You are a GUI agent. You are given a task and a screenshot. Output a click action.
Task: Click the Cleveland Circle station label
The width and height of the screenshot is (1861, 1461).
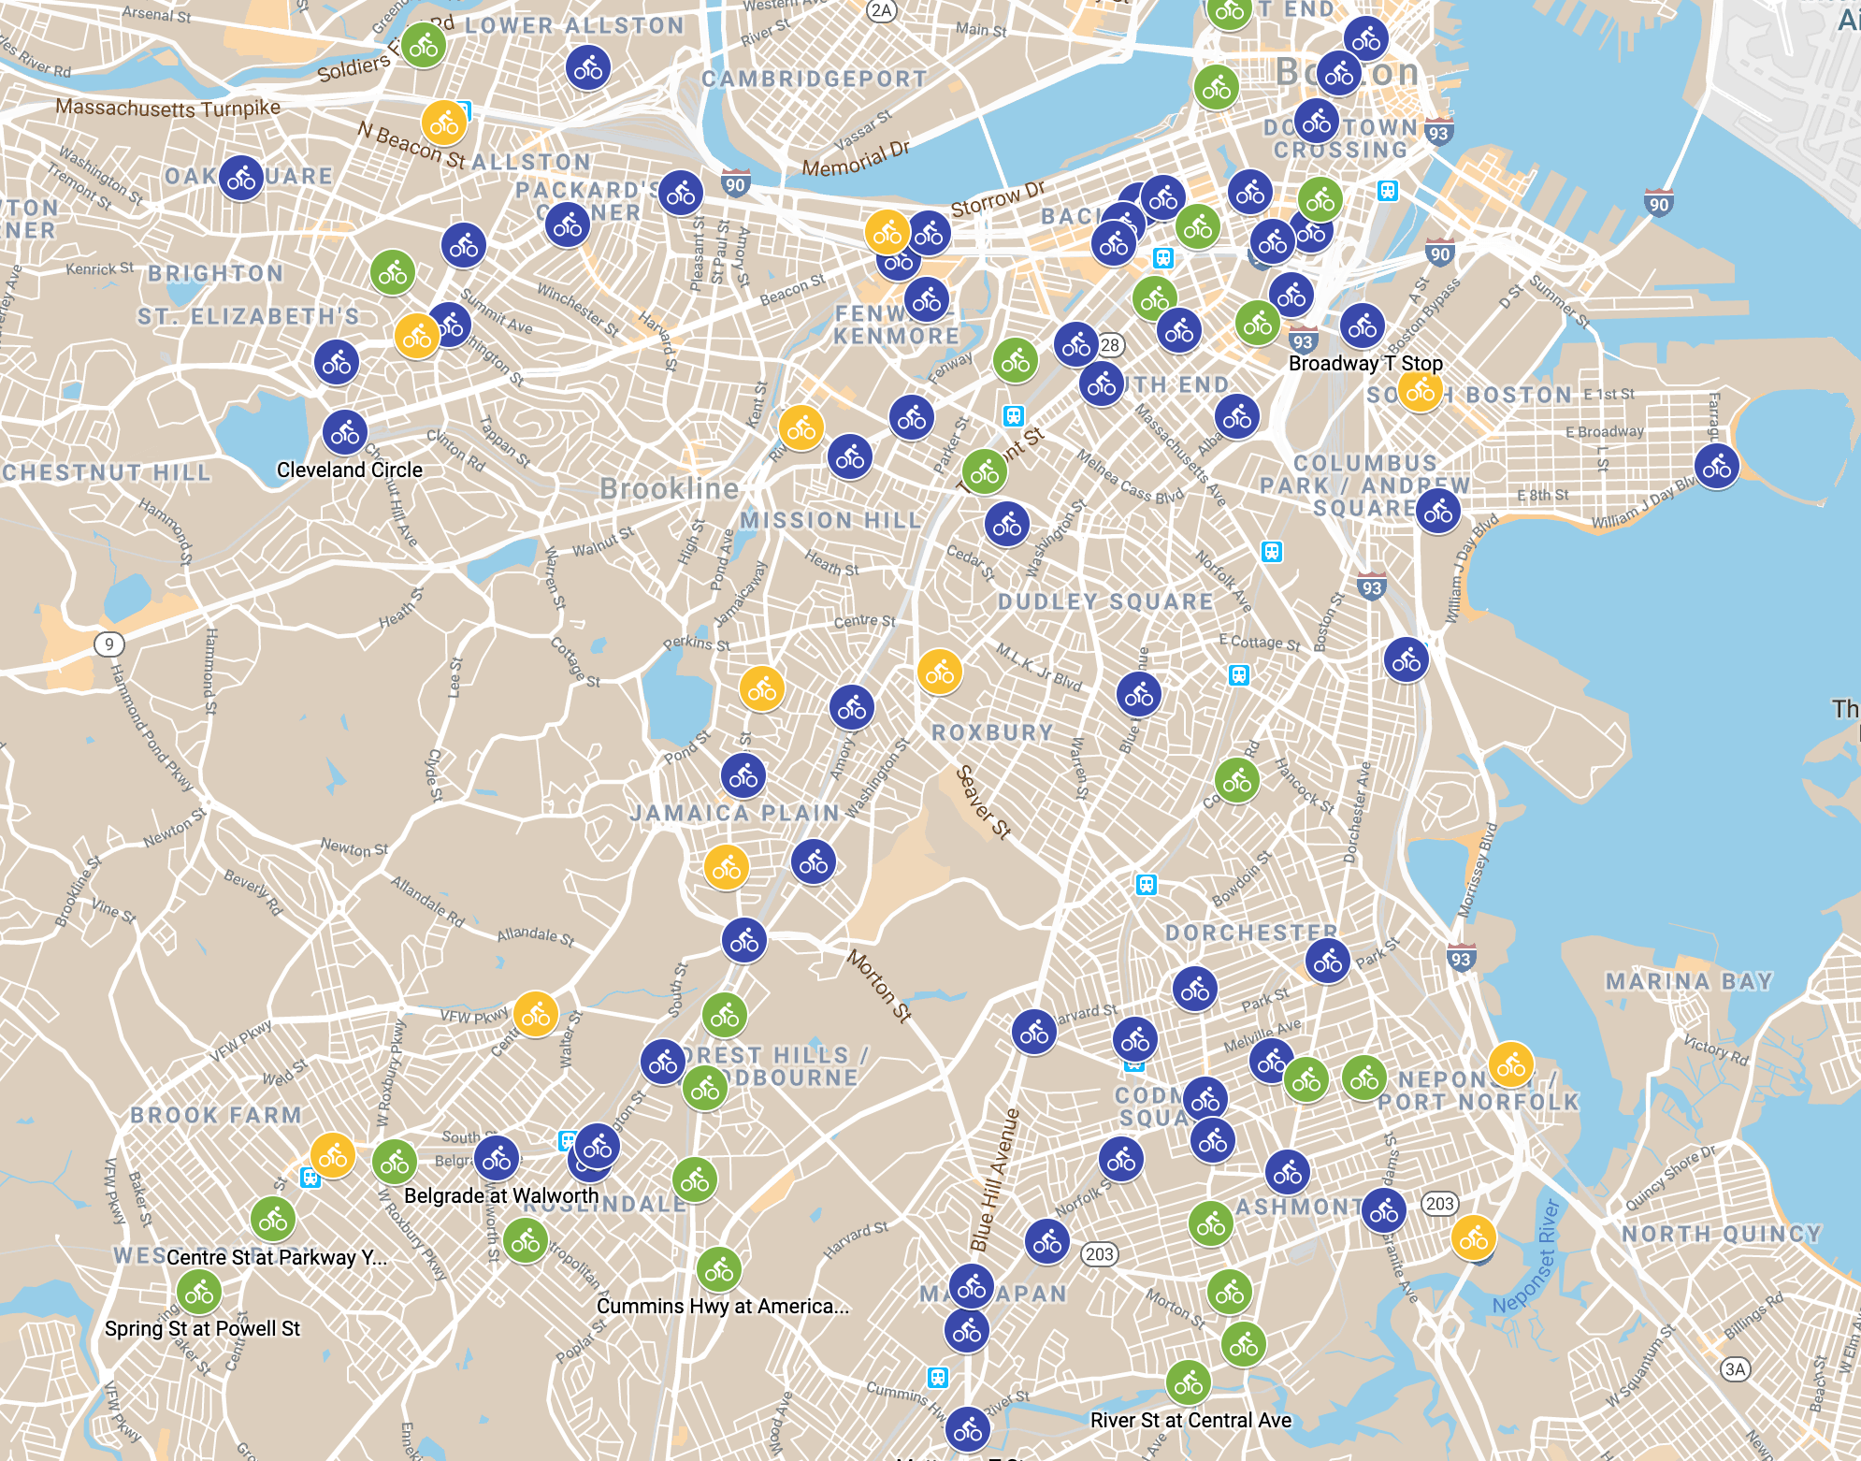(349, 470)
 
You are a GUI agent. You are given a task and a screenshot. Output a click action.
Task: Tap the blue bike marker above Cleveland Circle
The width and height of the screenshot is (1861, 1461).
(345, 432)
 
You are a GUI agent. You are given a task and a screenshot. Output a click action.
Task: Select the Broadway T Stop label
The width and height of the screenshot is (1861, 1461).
(1365, 363)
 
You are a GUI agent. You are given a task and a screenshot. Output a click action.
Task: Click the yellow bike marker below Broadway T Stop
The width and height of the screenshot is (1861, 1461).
(1420, 392)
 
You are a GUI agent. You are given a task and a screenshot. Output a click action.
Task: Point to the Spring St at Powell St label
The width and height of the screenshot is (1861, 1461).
(202, 1328)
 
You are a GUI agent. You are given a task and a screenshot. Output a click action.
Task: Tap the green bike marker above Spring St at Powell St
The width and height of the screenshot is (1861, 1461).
(199, 1294)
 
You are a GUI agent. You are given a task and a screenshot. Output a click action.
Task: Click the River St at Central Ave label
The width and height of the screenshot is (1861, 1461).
(1190, 1420)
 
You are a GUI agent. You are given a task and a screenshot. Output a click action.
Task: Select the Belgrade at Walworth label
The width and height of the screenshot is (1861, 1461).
(501, 1195)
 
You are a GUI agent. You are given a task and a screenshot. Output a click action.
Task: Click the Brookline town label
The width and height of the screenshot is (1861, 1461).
(669, 488)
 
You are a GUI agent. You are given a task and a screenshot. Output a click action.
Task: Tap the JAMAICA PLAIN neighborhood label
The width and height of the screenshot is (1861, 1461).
(734, 813)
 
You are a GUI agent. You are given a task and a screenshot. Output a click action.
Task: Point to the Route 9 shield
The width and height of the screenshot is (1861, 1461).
(109, 644)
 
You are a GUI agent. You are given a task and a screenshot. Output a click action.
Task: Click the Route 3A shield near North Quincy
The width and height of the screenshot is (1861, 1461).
(1735, 1369)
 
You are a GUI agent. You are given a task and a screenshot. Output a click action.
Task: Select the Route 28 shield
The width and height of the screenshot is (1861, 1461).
(1110, 345)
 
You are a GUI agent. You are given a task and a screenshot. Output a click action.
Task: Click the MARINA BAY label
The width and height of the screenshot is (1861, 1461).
(1689, 981)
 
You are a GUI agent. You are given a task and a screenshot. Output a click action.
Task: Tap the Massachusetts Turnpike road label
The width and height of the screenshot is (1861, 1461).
(168, 108)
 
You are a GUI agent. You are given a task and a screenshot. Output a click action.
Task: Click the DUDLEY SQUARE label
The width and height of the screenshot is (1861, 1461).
(1104, 601)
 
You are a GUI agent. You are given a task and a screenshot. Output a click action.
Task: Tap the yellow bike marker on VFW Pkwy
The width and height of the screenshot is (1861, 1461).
(536, 1013)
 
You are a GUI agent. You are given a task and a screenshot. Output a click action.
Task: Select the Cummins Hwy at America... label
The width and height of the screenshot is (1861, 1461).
(722, 1306)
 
